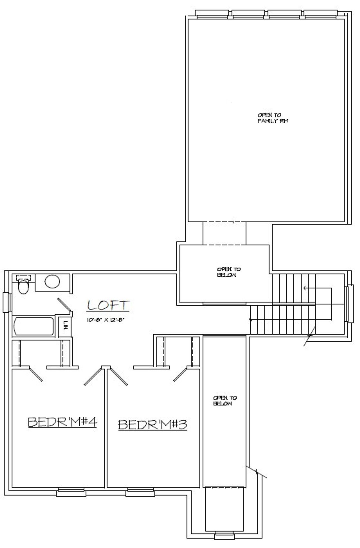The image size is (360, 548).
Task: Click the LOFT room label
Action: [x=108, y=305]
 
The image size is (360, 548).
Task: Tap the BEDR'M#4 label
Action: [x=62, y=422]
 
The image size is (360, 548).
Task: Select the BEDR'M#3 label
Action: [x=152, y=425]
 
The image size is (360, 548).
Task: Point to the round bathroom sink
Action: [x=52, y=282]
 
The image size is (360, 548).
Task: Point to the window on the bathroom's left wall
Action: [x=7, y=302]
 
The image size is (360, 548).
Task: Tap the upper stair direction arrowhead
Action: [x=305, y=288]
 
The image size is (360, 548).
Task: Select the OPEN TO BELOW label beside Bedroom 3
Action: [x=225, y=401]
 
